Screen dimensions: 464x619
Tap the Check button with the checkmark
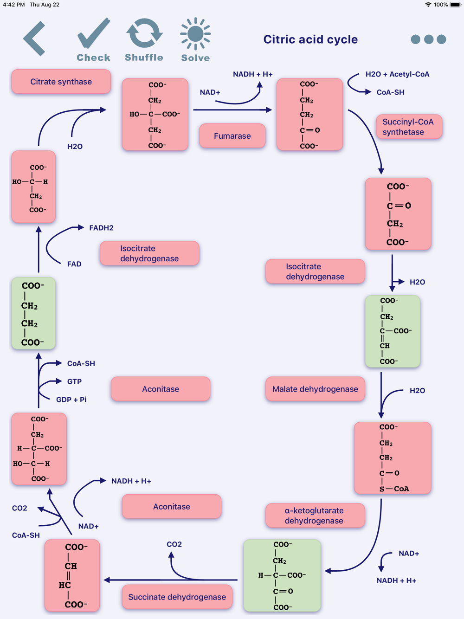pyautogui.click(x=94, y=40)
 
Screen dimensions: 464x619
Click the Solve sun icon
pyautogui.click(x=195, y=40)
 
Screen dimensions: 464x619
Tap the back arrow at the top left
pyautogui.click(x=34, y=39)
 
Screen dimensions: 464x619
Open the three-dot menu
pyautogui.click(x=428, y=39)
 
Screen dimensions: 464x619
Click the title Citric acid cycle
pyautogui.click(x=310, y=39)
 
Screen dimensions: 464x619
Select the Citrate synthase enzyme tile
pyautogui.click(x=61, y=82)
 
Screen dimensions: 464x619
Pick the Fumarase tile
pyautogui.click(x=232, y=135)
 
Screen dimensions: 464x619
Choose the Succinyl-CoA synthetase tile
pyautogui.click(x=409, y=127)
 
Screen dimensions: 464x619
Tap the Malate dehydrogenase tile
pyautogui.click(x=315, y=389)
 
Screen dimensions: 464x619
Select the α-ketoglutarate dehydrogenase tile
pyautogui.click(x=315, y=516)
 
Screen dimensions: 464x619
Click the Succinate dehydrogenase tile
pyautogui.click(x=177, y=597)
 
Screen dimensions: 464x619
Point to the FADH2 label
pyautogui.click(x=101, y=228)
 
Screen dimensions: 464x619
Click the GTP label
pyautogui.click(x=74, y=381)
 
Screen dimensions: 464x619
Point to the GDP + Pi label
pyautogui.click(x=71, y=400)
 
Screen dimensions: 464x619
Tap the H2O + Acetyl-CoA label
pyautogui.click(x=397, y=74)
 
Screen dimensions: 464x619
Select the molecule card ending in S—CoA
pyautogui.click(x=393, y=458)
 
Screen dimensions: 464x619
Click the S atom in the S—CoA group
pyautogui.click(x=382, y=489)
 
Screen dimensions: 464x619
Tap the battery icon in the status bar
pyautogui.click(x=455, y=5)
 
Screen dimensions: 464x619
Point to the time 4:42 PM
pyautogui.click(x=14, y=5)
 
